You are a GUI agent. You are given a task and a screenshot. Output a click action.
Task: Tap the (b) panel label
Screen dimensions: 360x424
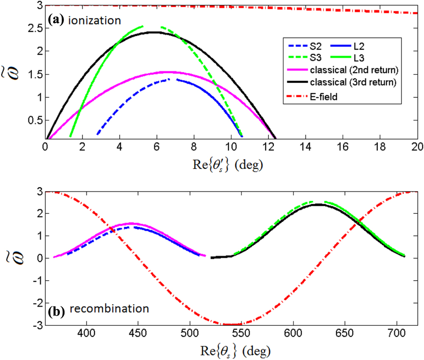(56, 313)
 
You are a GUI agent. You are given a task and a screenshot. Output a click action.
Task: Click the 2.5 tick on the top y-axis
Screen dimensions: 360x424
(32, 28)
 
